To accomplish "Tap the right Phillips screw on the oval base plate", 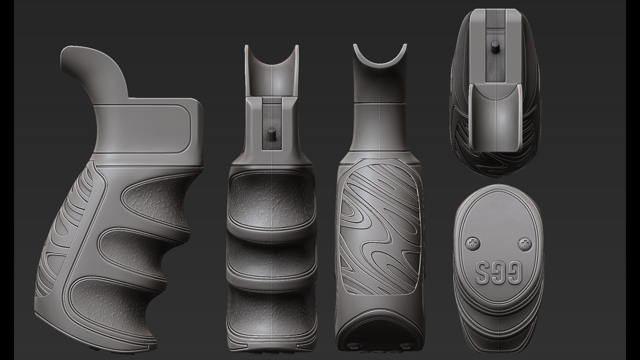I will (525, 245).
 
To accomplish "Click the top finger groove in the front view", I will (271, 200).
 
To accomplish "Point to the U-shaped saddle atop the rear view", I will (380, 63).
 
